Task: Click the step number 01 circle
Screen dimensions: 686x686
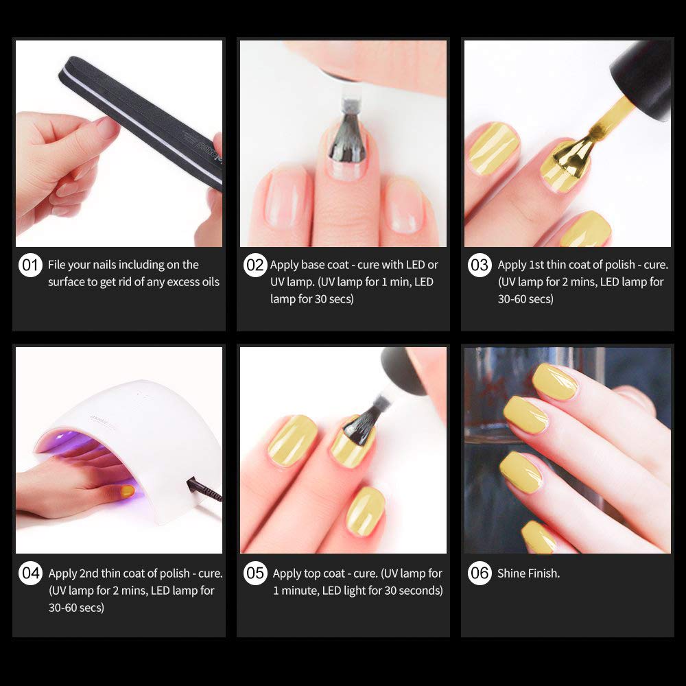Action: pyautogui.click(x=30, y=265)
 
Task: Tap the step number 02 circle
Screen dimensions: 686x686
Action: pyautogui.click(x=255, y=265)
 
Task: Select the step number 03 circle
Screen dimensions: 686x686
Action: pyautogui.click(x=480, y=265)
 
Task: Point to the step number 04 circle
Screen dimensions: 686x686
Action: pyautogui.click(x=30, y=573)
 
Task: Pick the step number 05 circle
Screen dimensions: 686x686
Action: pyautogui.click(x=255, y=573)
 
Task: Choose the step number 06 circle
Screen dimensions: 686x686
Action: pyautogui.click(x=480, y=573)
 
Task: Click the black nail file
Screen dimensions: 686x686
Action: pyautogui.click(x=140, y=123)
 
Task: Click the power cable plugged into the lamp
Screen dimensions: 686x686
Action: pyautogui.click(x=204, y=490)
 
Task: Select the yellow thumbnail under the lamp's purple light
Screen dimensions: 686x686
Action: pyautogui.click(x=128, y=491)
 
